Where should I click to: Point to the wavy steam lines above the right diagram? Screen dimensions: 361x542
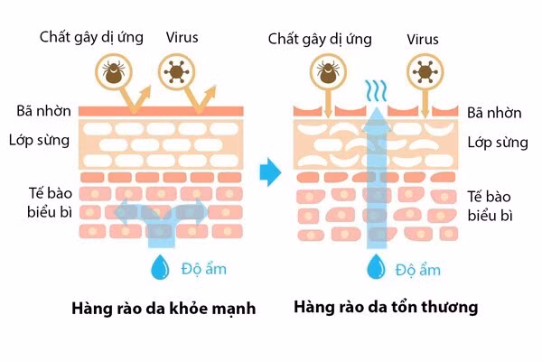pos(374,90)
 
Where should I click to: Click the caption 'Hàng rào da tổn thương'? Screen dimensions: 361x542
pos(386,308)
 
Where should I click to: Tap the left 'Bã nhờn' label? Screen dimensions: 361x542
pos(39,112)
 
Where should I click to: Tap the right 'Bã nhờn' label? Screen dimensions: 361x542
pos(494,113)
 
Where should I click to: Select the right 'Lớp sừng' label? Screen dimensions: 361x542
pos(494,143)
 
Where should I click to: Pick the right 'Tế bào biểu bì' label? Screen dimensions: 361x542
pos(493,205)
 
